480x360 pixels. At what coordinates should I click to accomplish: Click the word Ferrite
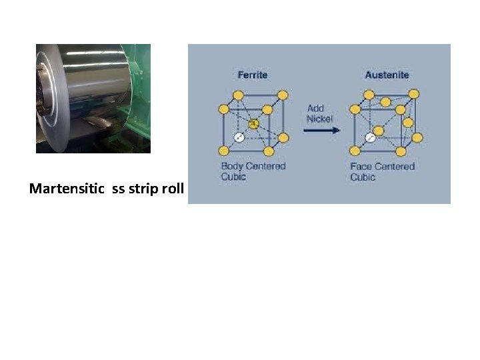253,75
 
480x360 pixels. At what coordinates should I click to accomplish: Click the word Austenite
387,75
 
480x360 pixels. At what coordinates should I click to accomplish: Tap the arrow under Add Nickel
321,131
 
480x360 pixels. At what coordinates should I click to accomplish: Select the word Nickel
319,119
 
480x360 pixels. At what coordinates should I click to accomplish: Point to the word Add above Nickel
315,109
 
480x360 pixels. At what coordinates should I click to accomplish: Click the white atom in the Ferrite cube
238,138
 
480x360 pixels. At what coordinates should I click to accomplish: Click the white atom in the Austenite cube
370,138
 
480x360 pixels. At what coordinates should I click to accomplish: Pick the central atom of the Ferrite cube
253,124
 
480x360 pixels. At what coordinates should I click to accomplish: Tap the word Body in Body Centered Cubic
232,166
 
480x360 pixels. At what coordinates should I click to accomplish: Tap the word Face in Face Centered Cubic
363,167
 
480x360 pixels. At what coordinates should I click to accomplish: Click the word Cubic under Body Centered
233,177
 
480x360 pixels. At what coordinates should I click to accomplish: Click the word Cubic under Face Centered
363,177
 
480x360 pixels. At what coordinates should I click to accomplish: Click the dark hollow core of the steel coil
45,93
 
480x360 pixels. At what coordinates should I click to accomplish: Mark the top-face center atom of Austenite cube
385,101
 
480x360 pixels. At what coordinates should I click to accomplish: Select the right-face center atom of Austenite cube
408,123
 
